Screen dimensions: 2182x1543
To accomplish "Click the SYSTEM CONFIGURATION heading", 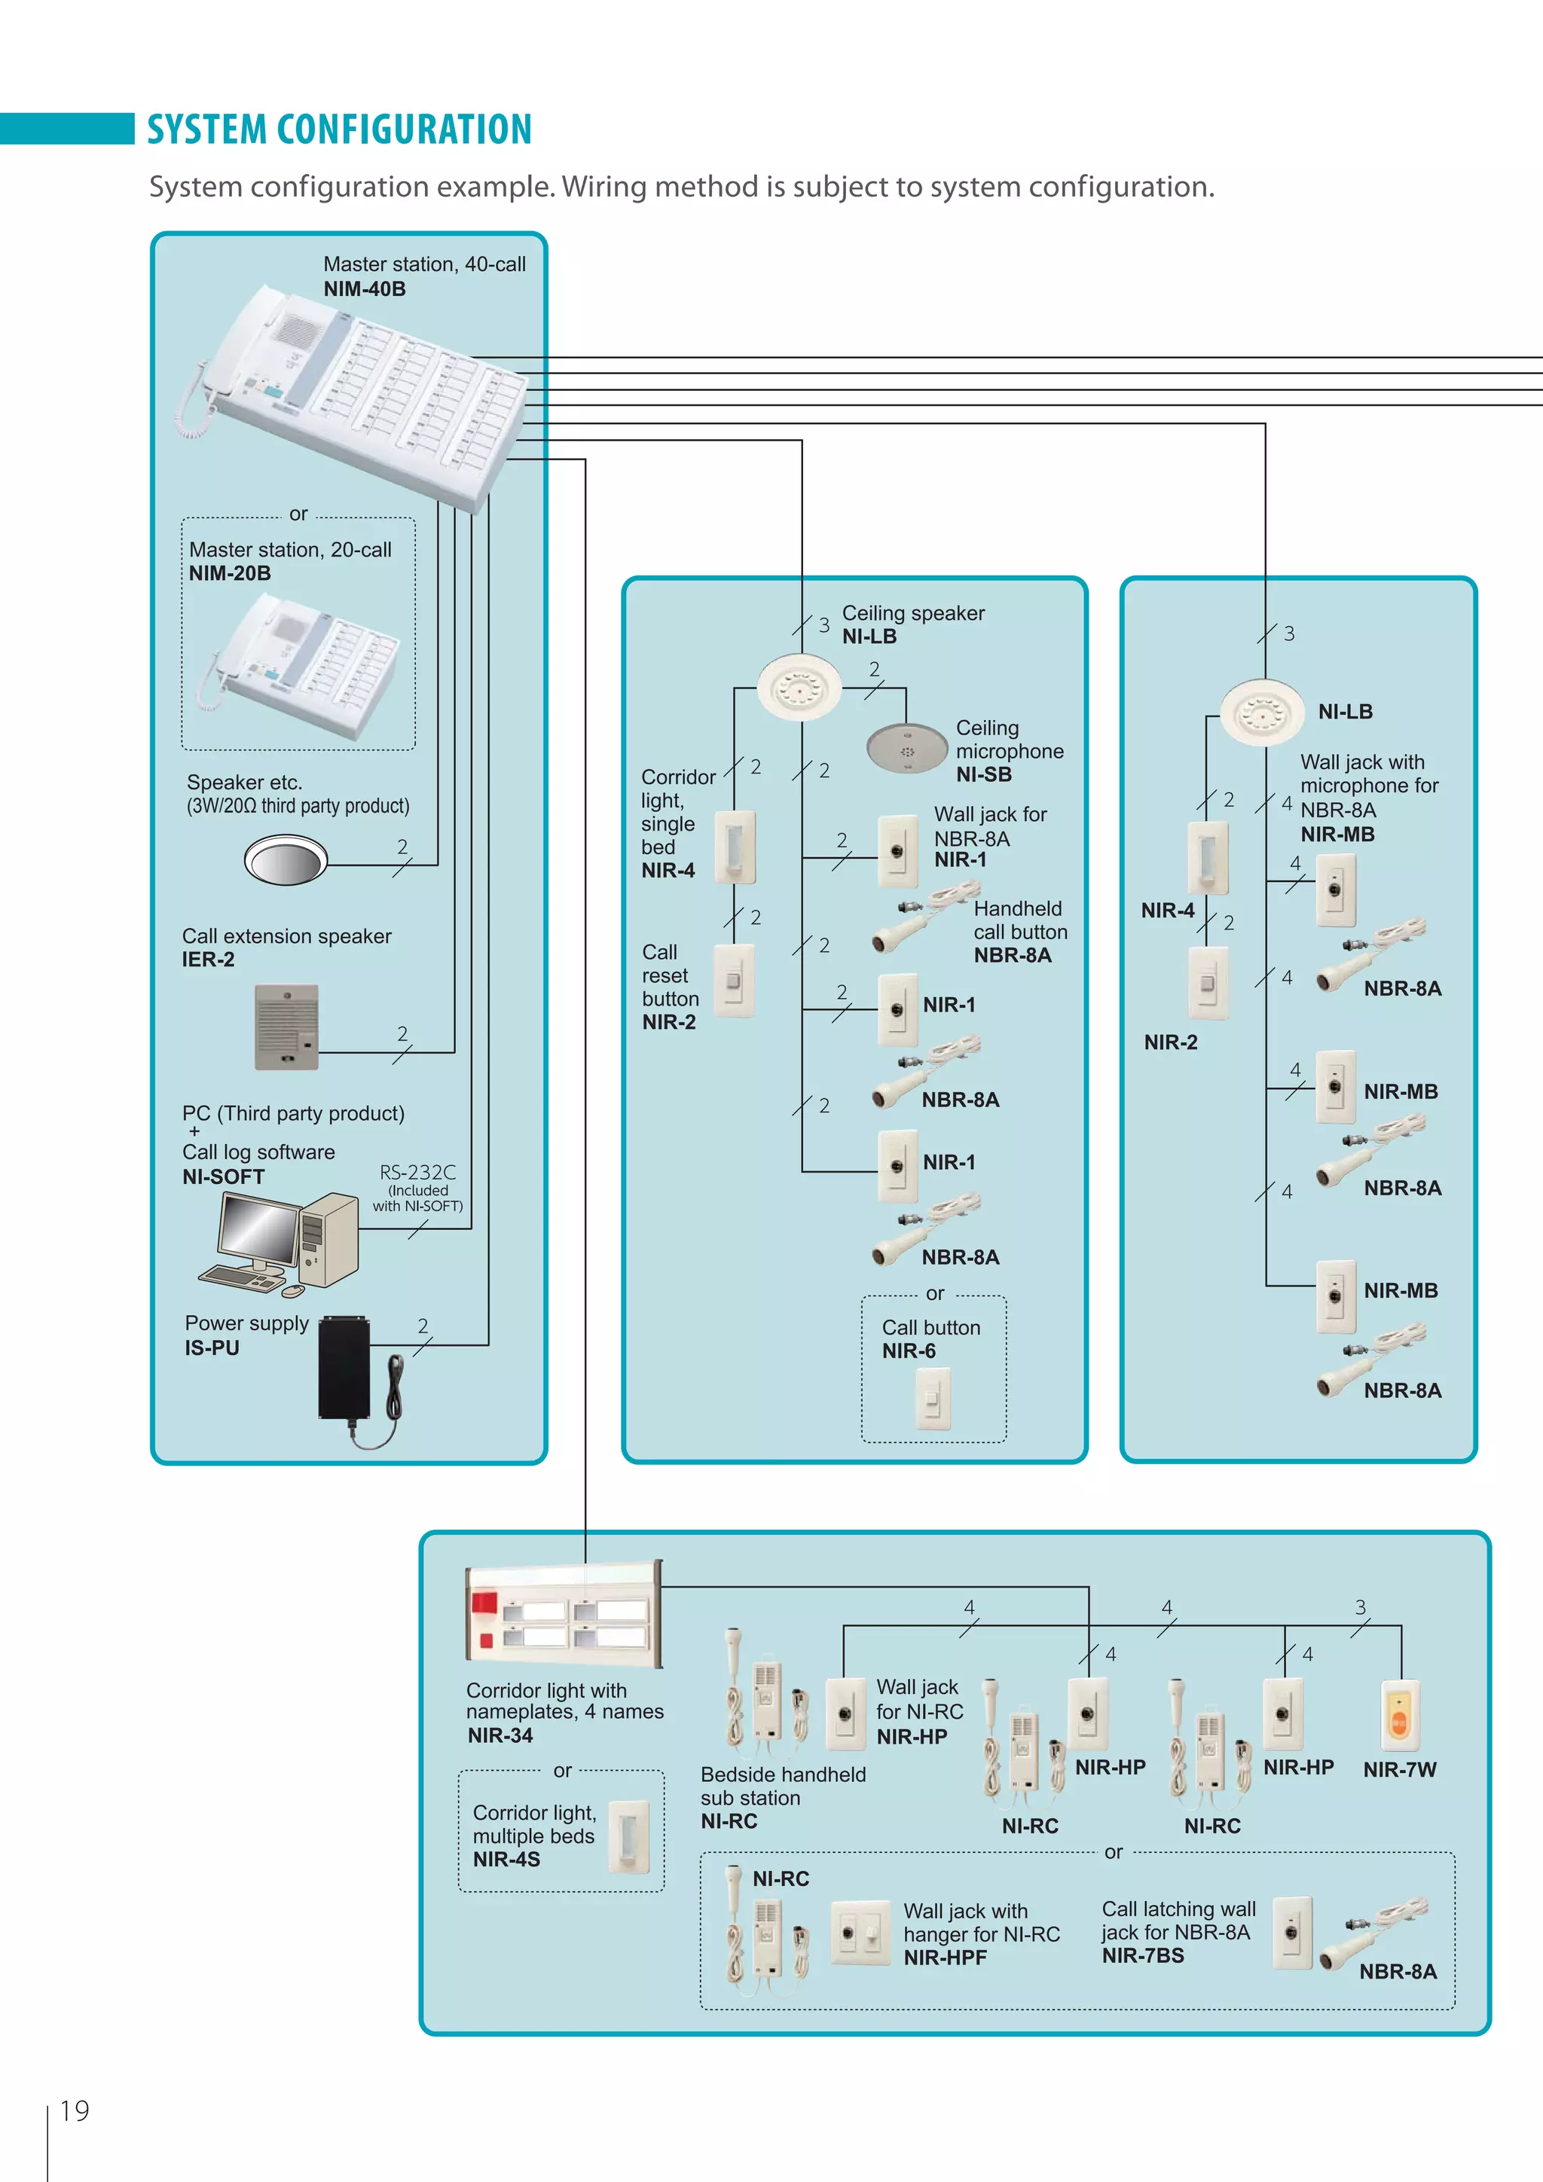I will pyautogui.click(x=338, y=130).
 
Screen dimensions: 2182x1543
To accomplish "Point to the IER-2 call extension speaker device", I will pyautogui.click(x=286, y=1027).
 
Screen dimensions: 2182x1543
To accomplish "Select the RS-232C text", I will pyautogui.click(x=417, y=1173).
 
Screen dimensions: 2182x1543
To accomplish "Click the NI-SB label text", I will pyautogui.click(x=983, y=774).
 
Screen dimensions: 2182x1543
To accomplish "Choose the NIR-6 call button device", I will pyautogui.click(x=932, y=1397).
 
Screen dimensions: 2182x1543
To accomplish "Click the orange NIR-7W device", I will pyautogui.click(x=1399, y=1715).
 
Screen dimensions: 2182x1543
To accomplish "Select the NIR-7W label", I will pyautogui.click(x=1399, y=1769).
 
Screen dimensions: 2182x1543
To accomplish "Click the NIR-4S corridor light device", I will pyautogui.click(x=628, y=1836).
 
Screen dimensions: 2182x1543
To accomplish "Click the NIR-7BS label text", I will pyautogui.click(x=1143, y=1956).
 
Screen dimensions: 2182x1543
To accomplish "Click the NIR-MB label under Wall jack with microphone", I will pyautogui.click(x=1337, y=835).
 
